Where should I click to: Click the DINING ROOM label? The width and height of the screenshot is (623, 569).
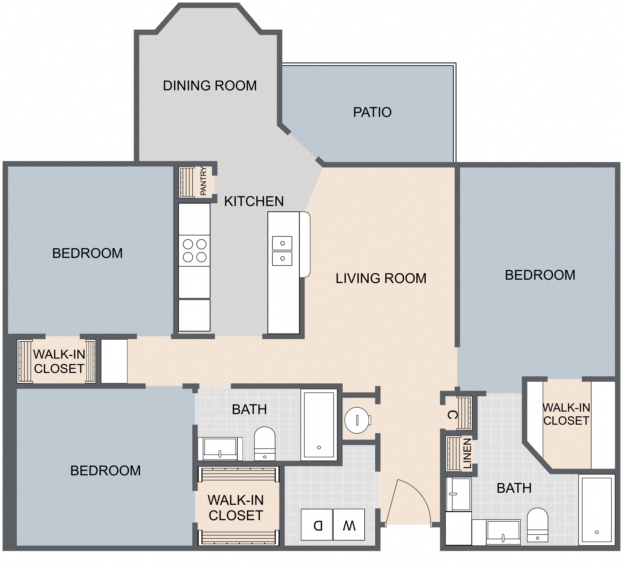210,86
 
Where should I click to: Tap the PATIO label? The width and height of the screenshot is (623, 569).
372,112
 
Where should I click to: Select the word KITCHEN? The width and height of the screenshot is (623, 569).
254,201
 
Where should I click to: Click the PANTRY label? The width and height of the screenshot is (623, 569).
203,181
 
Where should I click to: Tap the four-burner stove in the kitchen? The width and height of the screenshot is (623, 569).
194,251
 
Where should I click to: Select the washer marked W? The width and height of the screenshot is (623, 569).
349,525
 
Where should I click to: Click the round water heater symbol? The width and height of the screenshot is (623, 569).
358,420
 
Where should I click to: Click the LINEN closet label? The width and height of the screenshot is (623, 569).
467,453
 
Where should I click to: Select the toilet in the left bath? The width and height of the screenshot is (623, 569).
265,444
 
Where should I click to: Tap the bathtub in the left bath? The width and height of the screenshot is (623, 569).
319,425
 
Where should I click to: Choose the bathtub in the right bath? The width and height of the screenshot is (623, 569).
597,510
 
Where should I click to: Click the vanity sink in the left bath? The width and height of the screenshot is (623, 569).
220,449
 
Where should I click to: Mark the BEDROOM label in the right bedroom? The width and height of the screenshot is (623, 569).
540,275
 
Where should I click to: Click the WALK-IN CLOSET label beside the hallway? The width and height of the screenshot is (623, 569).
59,362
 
